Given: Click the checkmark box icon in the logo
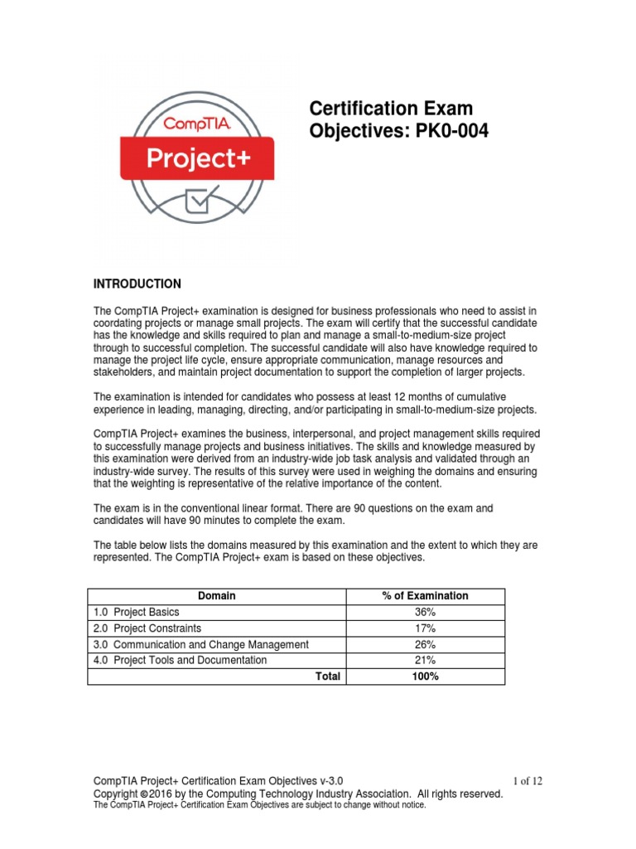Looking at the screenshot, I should point(196,200).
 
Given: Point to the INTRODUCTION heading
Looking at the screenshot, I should point(137,284).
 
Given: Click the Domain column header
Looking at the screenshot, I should point(217,595).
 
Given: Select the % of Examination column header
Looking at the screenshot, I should point(425,595).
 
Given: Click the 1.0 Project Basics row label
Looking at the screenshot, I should point(136,612).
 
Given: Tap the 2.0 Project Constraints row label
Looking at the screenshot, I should point(147,628).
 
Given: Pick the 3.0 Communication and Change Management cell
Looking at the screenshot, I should point(200,644).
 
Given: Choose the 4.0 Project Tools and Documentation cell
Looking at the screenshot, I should point(180,660).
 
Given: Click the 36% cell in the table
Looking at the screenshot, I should point(425,612).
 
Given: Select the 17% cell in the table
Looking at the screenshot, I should point(425,628).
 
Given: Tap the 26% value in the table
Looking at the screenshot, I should point(425,644).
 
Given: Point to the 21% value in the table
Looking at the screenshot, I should point(425,660).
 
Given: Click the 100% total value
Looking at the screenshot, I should point(425,677).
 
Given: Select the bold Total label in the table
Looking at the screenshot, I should point(328,677).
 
